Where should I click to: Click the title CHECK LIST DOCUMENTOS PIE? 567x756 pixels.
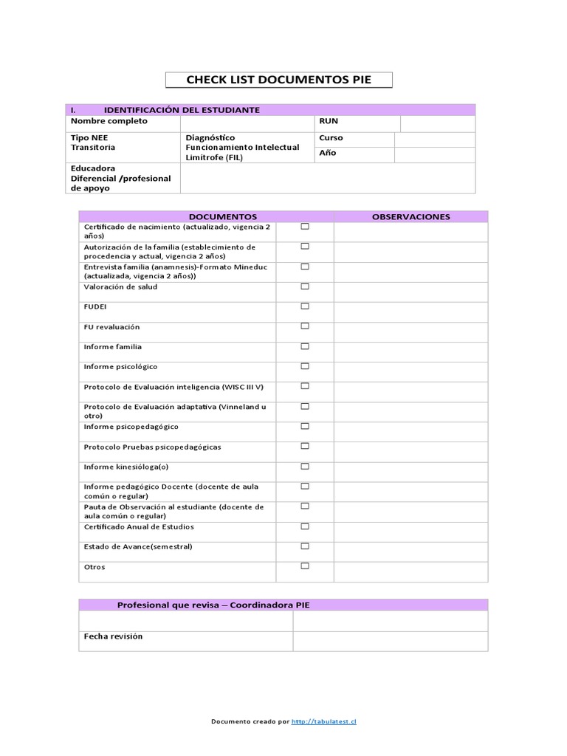tap(278, 80)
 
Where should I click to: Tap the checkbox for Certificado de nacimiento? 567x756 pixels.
tap(304, 227)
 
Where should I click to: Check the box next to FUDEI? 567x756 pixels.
tap(304, 306)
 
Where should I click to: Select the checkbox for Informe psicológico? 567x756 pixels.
tap(304, 366)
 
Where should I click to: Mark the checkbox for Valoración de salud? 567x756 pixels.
tap(304, 286)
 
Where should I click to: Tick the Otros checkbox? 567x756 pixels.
tap(304, 566)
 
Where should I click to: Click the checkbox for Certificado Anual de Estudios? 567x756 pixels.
tap(304, 526)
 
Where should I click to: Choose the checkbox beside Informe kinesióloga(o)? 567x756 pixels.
tap(304, 466)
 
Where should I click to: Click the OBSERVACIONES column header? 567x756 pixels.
tap(410, 216)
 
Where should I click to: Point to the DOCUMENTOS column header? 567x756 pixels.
tap(222, 216)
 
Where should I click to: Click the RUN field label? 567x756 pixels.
tap(329, 121)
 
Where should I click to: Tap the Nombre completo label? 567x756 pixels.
tap(109, 121)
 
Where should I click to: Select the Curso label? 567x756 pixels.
tap(331, 138)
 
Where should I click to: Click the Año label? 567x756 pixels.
tap(327, 154)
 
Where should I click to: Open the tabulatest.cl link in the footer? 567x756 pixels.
tap(324, 721)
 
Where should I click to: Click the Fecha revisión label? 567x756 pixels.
tap(113, 636)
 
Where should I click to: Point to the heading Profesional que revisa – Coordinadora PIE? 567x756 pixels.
tap(213, 605)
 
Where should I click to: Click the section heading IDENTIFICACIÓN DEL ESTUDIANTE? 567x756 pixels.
tap(182, 110)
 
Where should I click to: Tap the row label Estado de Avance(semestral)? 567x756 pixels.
tap(138, 547)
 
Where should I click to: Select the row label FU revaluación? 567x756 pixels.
tap(111, 327)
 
